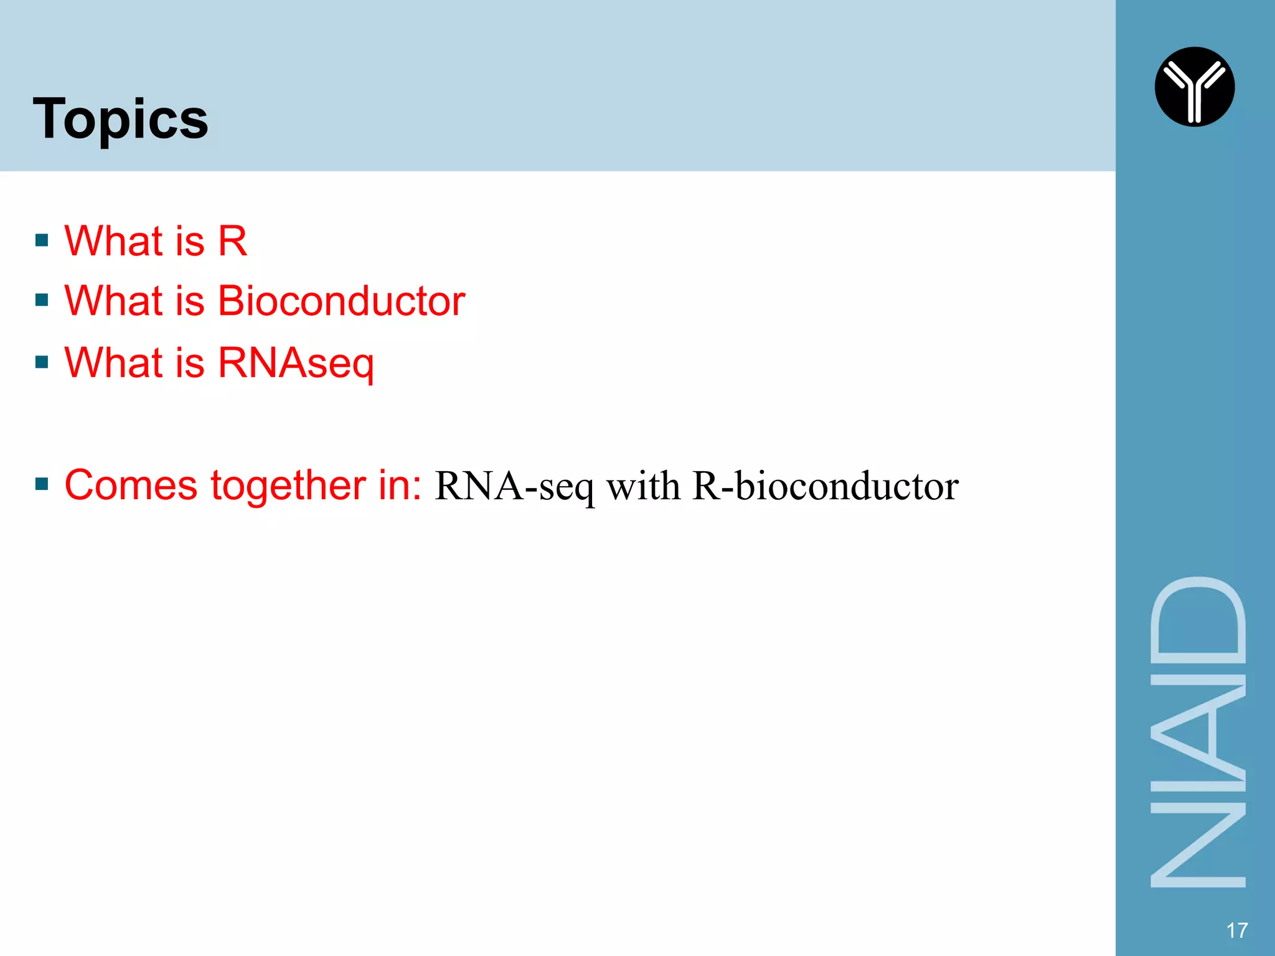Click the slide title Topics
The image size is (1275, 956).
pyautogui.click(x=121, y=119)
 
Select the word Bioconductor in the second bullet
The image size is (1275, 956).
pyautogui.click(x=341, y=301)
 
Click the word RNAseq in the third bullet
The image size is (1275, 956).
pyautogui.click(x=296, y=363)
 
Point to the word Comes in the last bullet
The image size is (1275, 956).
pyautogui.click(x=131, y=485)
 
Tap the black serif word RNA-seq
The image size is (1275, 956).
pyautogui.click(x=514, y=486)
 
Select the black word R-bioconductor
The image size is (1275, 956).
pyautogui.click(x=826, y=486)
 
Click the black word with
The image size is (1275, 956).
pyautogui.click(x=643, y=486)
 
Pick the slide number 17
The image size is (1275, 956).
pyautogui.click(x=1236, y=930)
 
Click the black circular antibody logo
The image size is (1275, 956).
pyautogui.click(x=1194, y=87)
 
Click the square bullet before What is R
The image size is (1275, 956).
pyautogui.click(x=42, y=241)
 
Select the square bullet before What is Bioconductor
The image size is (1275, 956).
pyautogui.click(x=42, y=301)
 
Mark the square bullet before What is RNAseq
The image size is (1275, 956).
pyautogui.click(x=42, y=362)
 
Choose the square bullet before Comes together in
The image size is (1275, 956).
pyautogui.click(x=42, y=484)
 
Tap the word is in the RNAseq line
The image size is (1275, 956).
pyautogui.click(x=190, y=362)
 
